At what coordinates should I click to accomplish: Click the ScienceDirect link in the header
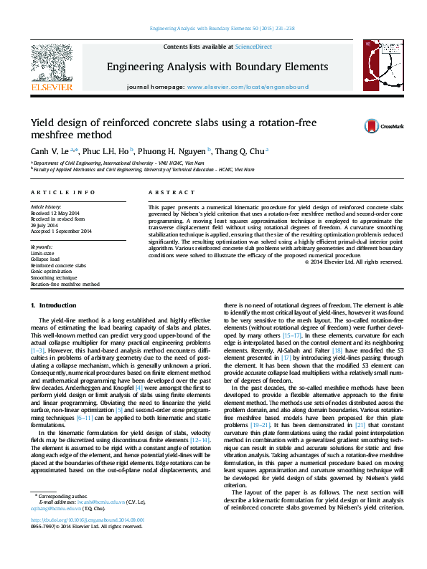click(255, 47)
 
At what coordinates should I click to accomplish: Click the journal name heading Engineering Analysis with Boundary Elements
click(217, 67)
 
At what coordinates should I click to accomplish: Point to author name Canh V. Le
click(51, 151)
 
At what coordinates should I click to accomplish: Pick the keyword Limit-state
click(42, 253)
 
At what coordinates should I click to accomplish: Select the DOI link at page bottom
click(87, 540)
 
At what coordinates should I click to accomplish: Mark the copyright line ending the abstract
click(355, 262)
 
